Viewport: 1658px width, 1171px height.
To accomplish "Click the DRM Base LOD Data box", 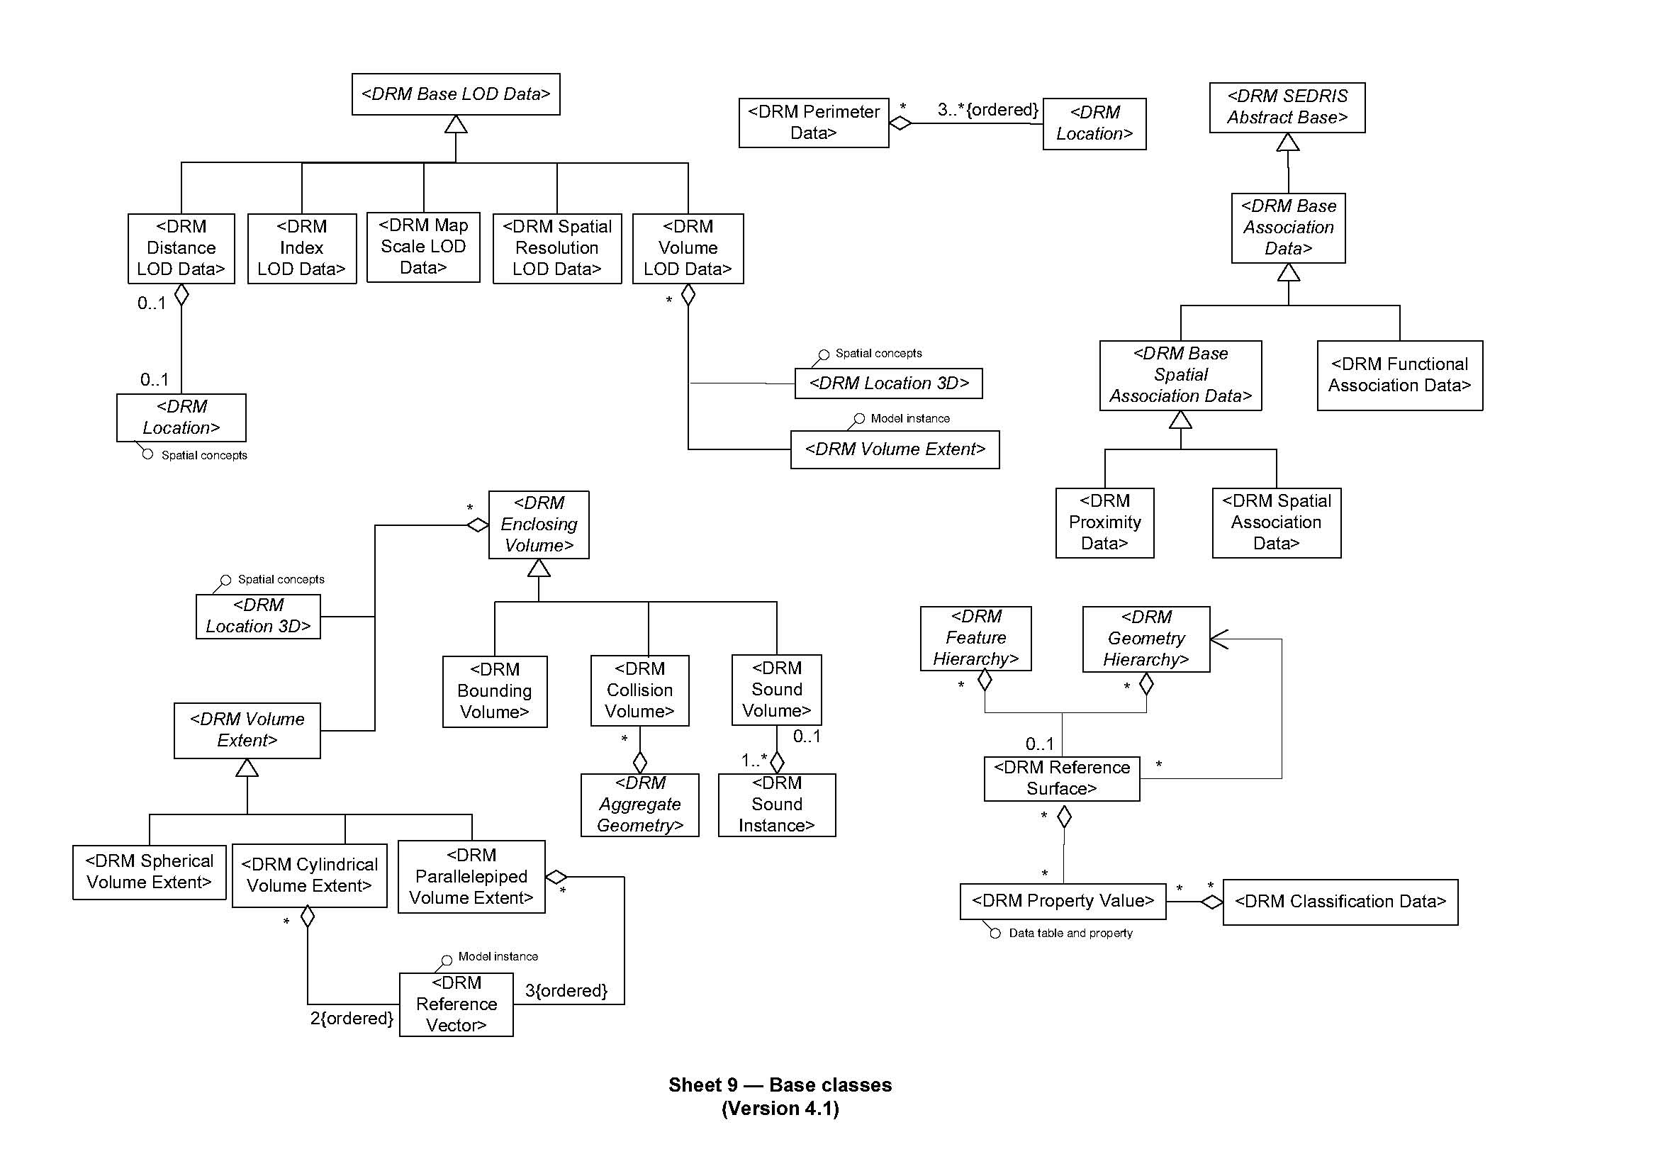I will click(456, 94).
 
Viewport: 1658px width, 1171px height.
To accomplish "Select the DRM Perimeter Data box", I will click(813, 123).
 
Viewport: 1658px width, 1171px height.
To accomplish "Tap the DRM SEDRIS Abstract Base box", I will click(1287, 108).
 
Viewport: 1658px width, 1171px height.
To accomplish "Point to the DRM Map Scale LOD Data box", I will click(423, 247).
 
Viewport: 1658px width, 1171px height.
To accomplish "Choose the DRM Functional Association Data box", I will click(1399, 376).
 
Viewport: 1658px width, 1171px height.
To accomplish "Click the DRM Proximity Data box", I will click(1104, 522).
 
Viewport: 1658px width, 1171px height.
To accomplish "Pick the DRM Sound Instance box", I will click(776, 805).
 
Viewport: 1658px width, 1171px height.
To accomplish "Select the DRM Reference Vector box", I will click(456, 1004).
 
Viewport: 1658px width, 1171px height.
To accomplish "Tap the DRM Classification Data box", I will click(1340, 902).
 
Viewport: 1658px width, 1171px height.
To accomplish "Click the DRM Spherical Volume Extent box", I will click(149, 872).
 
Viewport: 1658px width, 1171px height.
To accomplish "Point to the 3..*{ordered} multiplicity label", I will click(987, 110).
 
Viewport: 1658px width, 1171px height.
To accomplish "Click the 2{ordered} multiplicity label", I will click(352, 1019).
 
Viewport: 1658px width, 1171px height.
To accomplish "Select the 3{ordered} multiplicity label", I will click(566, 990).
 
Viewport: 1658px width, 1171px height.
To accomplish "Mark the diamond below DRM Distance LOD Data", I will click(181, 295).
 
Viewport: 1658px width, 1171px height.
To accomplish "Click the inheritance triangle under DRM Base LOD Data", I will click(456, 124).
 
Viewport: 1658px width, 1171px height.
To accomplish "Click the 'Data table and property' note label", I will click(1070, 934).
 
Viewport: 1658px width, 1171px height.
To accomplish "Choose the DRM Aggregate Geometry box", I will click(640, 805).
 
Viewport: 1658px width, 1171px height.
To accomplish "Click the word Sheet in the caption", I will click(695, 1085).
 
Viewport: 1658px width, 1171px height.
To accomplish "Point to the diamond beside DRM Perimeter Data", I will click(900, 123).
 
